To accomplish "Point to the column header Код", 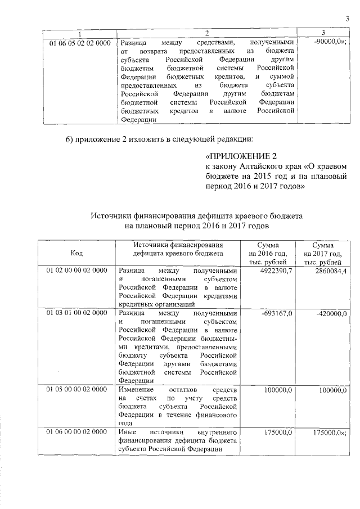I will click(x=76, y=253).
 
